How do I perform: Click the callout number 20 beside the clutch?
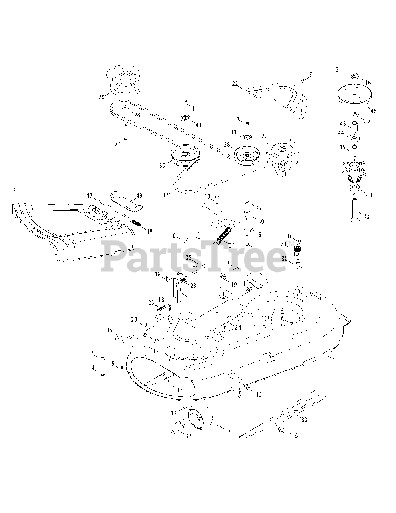tap(101, 97)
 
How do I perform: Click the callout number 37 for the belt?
tap(166, 195)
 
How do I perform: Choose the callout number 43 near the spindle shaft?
tap(366, 217)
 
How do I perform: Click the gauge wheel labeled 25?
tap(199, 417)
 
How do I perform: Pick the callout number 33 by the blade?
tap(304, 420)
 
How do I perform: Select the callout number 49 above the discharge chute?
tap(139, 196)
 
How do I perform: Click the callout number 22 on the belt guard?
tap(235, 84)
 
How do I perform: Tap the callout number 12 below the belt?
tap(114, 145)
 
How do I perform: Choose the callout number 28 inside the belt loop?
tap(137, 115)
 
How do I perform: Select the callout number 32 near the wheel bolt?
tap(188, 436)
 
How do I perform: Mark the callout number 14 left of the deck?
tap(92, 368)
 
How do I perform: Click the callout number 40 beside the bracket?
tap(261, 222)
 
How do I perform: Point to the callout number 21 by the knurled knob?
tap(283, 244)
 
